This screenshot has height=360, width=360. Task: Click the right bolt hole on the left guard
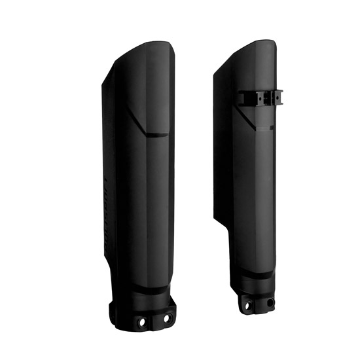[x=166, y=319]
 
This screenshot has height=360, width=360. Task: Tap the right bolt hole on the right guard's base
[x=269, y=303]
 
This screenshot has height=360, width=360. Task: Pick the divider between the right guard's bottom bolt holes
[x=259, y=304]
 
